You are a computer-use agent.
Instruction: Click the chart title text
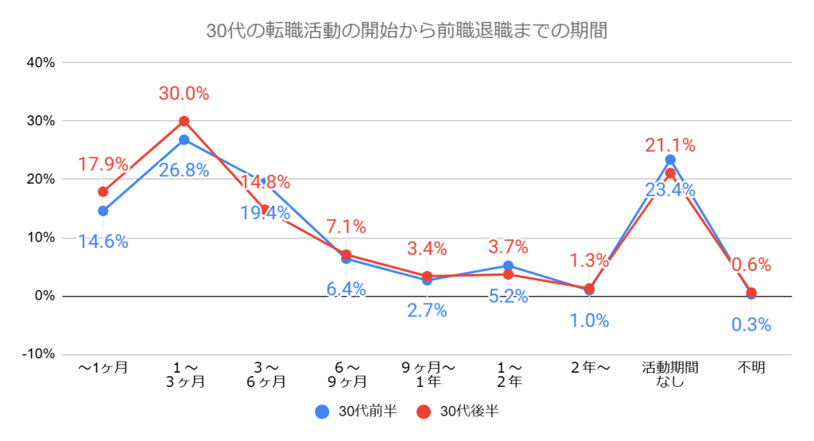coord(406,32)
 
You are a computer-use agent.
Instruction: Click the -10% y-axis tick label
coord(37,354)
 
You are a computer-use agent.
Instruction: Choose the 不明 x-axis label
coord(751,368)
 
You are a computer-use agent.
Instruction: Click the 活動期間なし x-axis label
coord(670,374)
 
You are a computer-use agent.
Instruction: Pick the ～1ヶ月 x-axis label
coord(103,368)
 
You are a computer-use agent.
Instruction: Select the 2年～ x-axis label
coord(589,368)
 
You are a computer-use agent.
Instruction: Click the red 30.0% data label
coord(184,94)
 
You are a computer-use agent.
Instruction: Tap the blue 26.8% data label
coord(184,169)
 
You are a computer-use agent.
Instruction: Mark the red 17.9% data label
coord(103,164)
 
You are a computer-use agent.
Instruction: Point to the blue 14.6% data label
coord(103,242)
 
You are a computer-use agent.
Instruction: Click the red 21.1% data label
coord(670,145)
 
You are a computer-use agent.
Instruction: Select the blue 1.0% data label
coord(589,321)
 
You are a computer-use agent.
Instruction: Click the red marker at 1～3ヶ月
coord(184,122)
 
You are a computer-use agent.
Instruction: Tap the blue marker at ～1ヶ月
coord(103,211)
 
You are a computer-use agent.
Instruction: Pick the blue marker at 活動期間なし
coord(670,160)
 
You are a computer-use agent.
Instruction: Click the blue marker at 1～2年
coord(508,265)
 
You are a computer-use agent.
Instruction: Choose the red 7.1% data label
coord(346,227)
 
